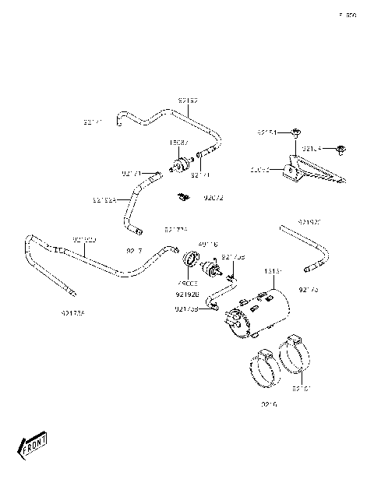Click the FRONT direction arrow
(30, 446)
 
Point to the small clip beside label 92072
(183, 196)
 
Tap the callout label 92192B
(187, 295)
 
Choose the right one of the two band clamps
(295, 353)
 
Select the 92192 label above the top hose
(188, 100)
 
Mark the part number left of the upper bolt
(266, 133)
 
